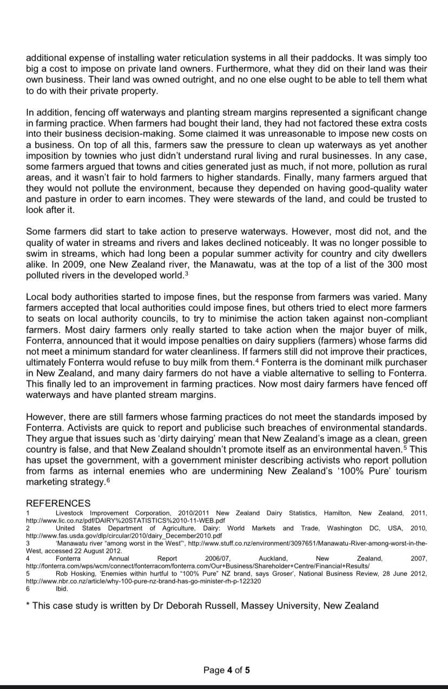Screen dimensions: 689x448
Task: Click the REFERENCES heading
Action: [x=58, y=503]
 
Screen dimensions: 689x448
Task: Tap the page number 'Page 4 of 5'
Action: [x=227, y=670]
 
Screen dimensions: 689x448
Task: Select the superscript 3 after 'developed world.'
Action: [x=187, y=273]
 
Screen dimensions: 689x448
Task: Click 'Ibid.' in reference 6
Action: [x=62, y=589]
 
